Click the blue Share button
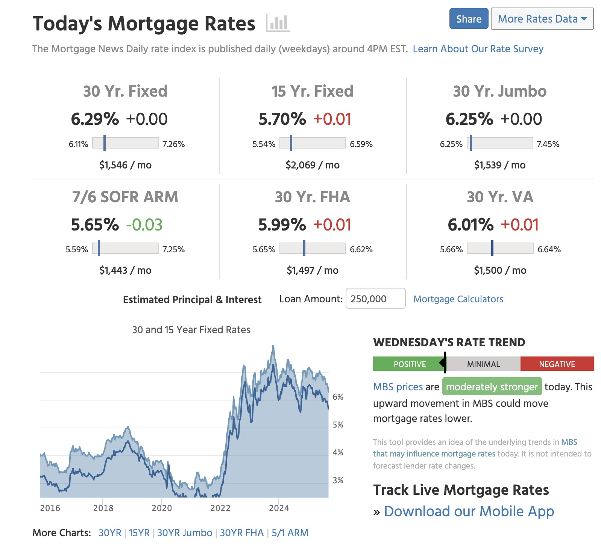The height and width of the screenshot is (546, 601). point(469,19)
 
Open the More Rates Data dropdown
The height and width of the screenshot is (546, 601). point(542,19)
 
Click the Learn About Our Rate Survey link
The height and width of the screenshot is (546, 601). point(478,49)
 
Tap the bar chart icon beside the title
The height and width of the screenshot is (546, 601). point(278,23)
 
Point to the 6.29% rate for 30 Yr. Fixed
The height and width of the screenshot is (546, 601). point(95,119)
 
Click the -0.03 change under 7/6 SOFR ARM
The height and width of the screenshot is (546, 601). point(144,225)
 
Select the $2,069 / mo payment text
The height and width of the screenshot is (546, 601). point(313,165)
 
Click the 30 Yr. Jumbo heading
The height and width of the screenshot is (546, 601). point(499,91)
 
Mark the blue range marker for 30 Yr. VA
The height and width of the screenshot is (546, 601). point(492,249)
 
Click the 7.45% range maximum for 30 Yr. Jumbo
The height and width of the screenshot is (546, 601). point(548,144)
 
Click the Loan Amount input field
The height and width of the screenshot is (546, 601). point(375,299)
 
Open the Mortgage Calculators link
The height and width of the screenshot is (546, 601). point(458,299)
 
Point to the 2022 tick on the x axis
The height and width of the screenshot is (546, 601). point(220,508)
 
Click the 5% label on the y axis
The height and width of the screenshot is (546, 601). point(338,425)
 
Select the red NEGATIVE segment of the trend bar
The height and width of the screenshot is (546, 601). point(557,364)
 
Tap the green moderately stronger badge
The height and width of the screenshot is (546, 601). point(492,387)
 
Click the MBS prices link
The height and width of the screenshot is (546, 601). point(398,387)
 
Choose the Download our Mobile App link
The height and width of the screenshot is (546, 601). point(469,511)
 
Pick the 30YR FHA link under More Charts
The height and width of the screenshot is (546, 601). point(241,533)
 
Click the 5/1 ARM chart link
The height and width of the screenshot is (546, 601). point(290,533)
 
